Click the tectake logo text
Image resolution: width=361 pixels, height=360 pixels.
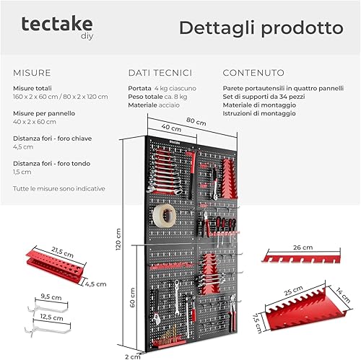[x=57, y=24]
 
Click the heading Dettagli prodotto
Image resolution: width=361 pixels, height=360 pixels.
[x=261, y=28]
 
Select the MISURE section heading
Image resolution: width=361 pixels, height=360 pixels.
[x=32, y=73]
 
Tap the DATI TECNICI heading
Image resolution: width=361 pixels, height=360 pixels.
[x=160, y=73]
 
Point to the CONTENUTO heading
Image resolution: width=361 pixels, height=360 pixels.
[x=253, y=73]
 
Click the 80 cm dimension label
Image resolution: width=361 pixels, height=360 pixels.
[x=196, y=121]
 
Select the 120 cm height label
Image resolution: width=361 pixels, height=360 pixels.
[x=118, y=240]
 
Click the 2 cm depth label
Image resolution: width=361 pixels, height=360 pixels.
[x=133, y=356]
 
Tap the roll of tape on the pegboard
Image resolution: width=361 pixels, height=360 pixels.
[x=165, y=216]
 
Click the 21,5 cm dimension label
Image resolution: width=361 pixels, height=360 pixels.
[x=62, y=253]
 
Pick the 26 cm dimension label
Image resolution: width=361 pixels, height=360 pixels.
[x=303, y=247]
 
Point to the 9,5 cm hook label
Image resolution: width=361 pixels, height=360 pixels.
[x=51, y=297]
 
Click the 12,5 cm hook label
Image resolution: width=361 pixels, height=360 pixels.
[x=51, y=317]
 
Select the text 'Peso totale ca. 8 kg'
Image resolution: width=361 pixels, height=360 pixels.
[x=157, y=97]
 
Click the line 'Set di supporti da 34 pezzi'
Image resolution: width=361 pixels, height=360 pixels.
[x=264, y=97]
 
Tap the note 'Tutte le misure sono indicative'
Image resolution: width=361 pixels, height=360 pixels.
[x=59, y=188]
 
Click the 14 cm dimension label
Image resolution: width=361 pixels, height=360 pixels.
[x=343, y=294]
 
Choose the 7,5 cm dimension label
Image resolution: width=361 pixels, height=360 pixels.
[x=257, y=323]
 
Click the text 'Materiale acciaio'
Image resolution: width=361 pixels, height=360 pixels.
[x=154, y=105]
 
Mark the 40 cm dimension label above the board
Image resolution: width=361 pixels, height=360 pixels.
[x=171, y=128]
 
